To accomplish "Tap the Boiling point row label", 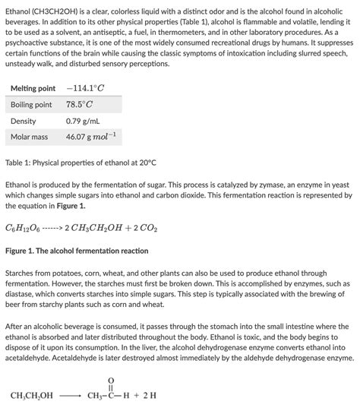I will (x=31, y=105).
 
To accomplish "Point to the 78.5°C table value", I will (x=79, y=105).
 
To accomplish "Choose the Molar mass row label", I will (x=29, y=138).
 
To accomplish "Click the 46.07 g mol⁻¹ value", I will (x=90, y=137).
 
